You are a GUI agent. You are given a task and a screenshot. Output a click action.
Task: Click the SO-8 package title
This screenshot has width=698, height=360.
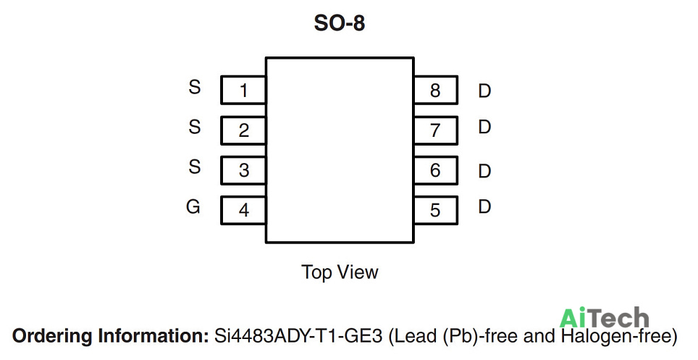pyautogui.click(x=339, y=23)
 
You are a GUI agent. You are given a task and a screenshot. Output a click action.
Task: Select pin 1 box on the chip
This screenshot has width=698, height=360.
pyautogui.click(x=243, y=90)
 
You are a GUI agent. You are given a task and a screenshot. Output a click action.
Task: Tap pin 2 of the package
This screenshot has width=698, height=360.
pyautogui.click(x=243, y=130)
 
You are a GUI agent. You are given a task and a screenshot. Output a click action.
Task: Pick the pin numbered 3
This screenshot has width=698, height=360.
pyautogui.click(x=243, y=170)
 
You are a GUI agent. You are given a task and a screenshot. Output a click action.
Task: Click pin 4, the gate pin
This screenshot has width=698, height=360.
pyautogui.click(x=243, y=210)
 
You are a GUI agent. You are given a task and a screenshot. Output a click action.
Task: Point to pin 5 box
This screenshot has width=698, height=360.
pyautogui.click(x=435, y=210)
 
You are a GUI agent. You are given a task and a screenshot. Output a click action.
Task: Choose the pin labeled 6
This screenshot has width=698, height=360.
pyautogui.click(x=435, y=170)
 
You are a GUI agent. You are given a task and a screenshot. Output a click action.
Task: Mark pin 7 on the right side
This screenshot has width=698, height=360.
pyautogui.click(x=435, y=130)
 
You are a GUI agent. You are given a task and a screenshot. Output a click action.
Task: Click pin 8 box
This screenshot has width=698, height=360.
pyautogui.click(x=435, y=90)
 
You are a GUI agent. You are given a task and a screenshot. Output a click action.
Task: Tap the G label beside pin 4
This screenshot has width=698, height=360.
pyautogui.click(x=193, y=206)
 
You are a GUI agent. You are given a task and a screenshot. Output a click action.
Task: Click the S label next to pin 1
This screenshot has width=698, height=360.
pyautogui.click(x=195, y=87)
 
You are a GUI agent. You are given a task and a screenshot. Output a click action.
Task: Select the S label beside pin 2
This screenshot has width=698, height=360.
pyautogui.click(x=195, y=127)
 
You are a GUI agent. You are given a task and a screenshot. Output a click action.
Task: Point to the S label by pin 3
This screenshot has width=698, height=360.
pyautogui.click(x=195, y=167)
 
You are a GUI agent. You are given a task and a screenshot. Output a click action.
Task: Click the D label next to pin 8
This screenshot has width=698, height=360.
pyautogui.click(x=484, y=91)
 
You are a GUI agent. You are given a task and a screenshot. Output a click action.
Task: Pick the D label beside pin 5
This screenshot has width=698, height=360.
pyautogui.click(x=484, y=206)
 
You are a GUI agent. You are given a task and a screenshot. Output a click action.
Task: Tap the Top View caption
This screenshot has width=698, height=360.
pyautogui.click(x=340, y=272)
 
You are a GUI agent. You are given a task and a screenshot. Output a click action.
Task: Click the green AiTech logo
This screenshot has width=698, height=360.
pyautogui.click(x=604, y=318)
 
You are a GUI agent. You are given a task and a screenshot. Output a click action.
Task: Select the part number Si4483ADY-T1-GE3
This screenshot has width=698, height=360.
pyautogui.click(x=298, y=335)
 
